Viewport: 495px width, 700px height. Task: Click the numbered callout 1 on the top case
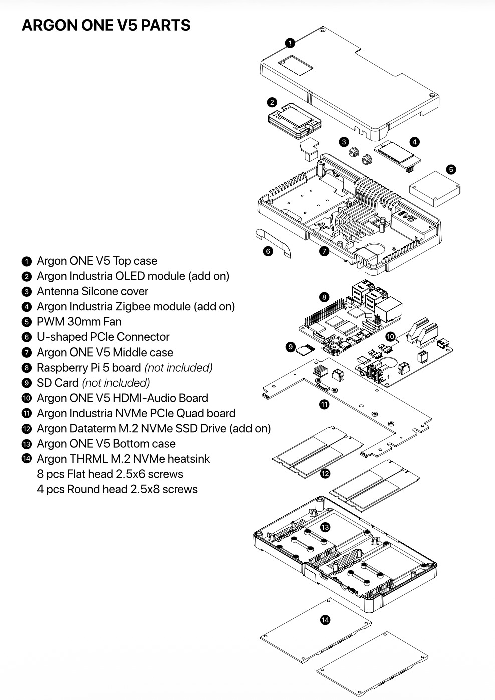290,43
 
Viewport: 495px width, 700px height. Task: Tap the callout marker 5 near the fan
451,169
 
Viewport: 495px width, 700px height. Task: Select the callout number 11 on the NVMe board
325,404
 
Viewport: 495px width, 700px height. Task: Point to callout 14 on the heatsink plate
325,620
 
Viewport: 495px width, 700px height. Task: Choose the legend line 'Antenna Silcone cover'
92,291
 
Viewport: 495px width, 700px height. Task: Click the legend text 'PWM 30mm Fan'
79,322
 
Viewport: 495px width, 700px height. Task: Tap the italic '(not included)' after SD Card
116,383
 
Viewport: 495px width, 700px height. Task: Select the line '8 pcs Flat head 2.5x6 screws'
110,474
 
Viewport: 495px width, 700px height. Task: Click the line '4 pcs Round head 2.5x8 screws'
117,489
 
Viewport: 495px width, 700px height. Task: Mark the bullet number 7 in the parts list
27,353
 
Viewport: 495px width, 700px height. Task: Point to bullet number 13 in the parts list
27,444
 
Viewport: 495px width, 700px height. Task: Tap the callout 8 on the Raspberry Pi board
324,297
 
